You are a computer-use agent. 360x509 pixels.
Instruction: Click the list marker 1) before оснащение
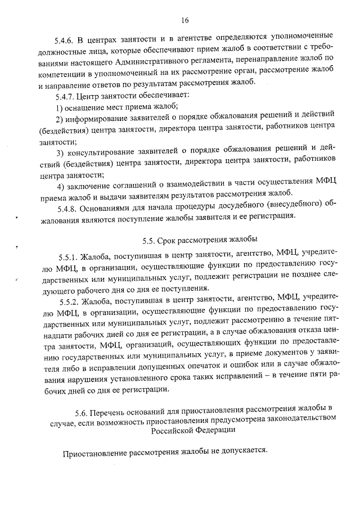(61, 107)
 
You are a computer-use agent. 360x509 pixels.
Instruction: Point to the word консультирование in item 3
(104, 152)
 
